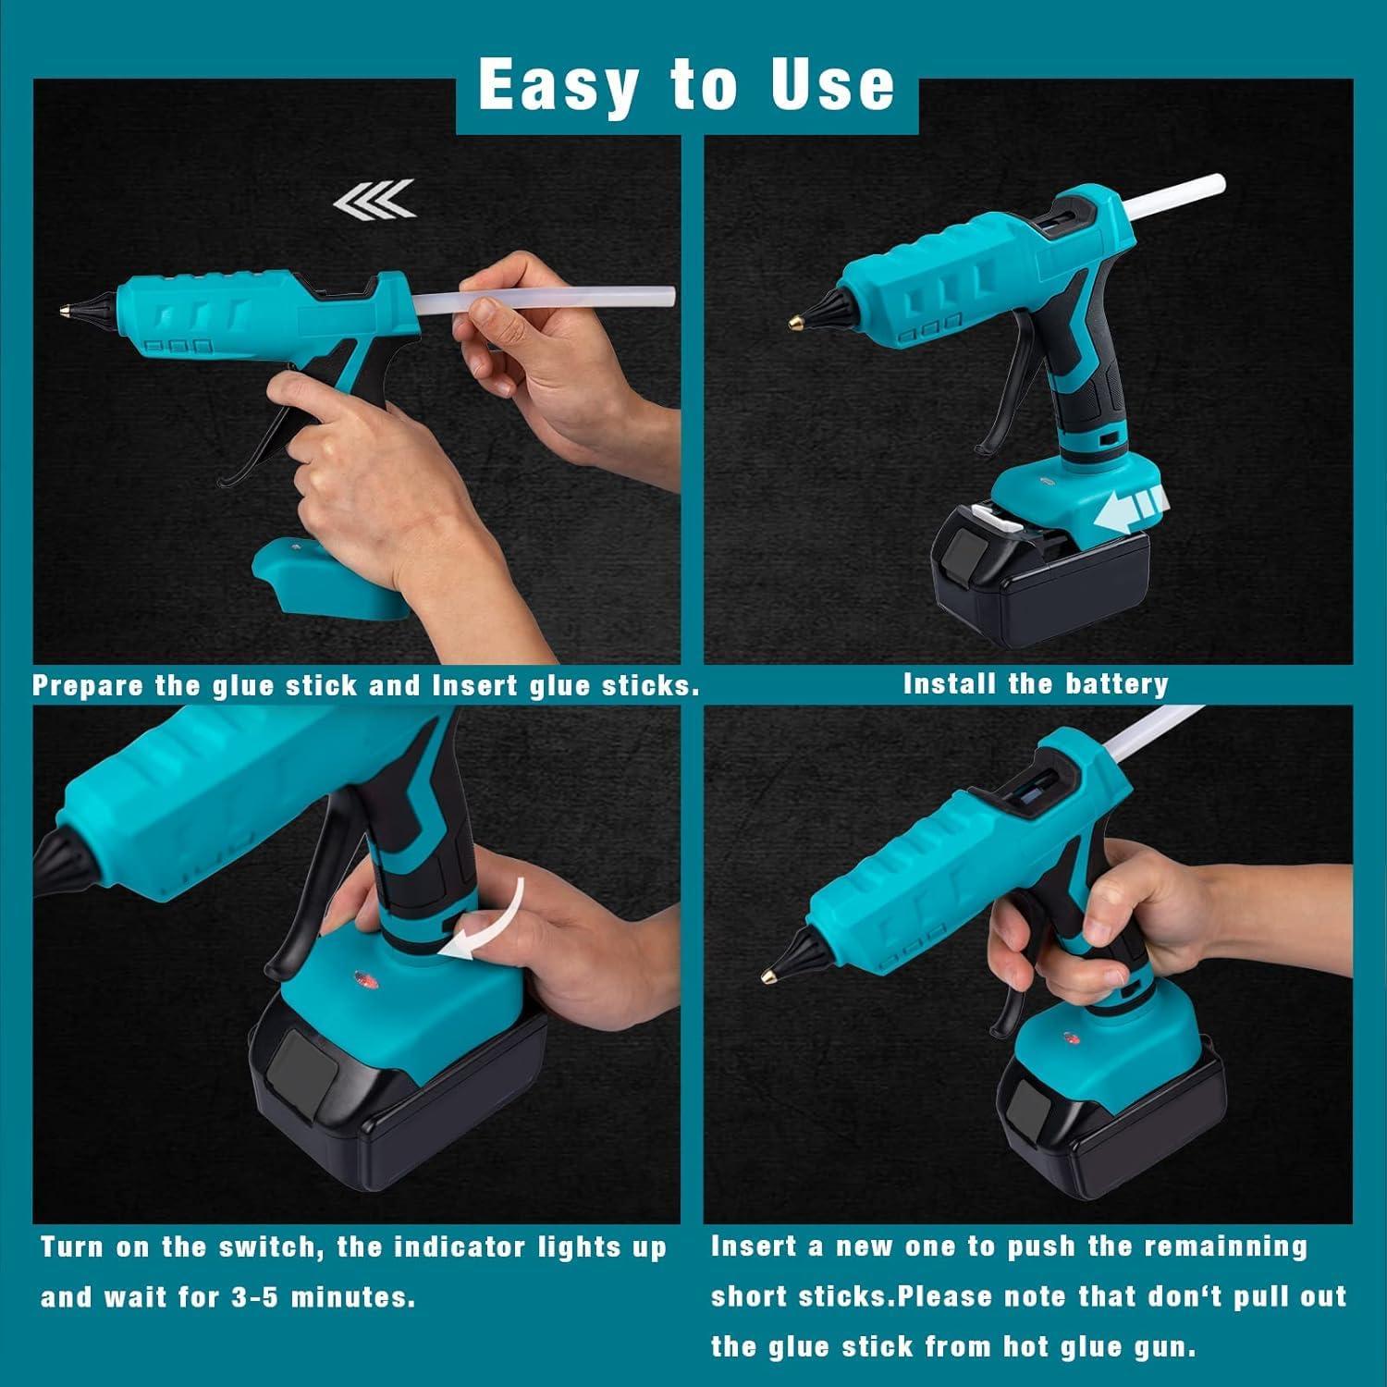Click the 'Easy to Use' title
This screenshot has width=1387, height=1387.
(686, 85)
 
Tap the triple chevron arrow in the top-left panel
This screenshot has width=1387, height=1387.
(374, 198)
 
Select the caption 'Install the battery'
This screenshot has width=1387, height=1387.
(1036, 684)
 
